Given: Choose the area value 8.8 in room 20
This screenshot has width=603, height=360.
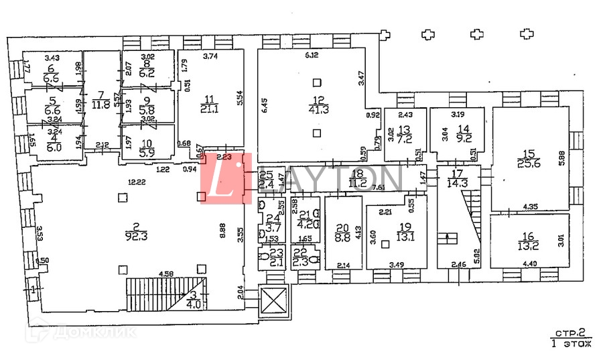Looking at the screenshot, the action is (x=343, y=236).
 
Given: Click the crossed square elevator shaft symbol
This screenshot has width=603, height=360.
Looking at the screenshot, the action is (x=271, y=301).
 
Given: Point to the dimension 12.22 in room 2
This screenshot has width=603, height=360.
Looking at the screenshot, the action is (x=137, y=182).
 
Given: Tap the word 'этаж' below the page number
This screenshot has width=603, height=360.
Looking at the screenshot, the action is (x=577, y=344).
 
